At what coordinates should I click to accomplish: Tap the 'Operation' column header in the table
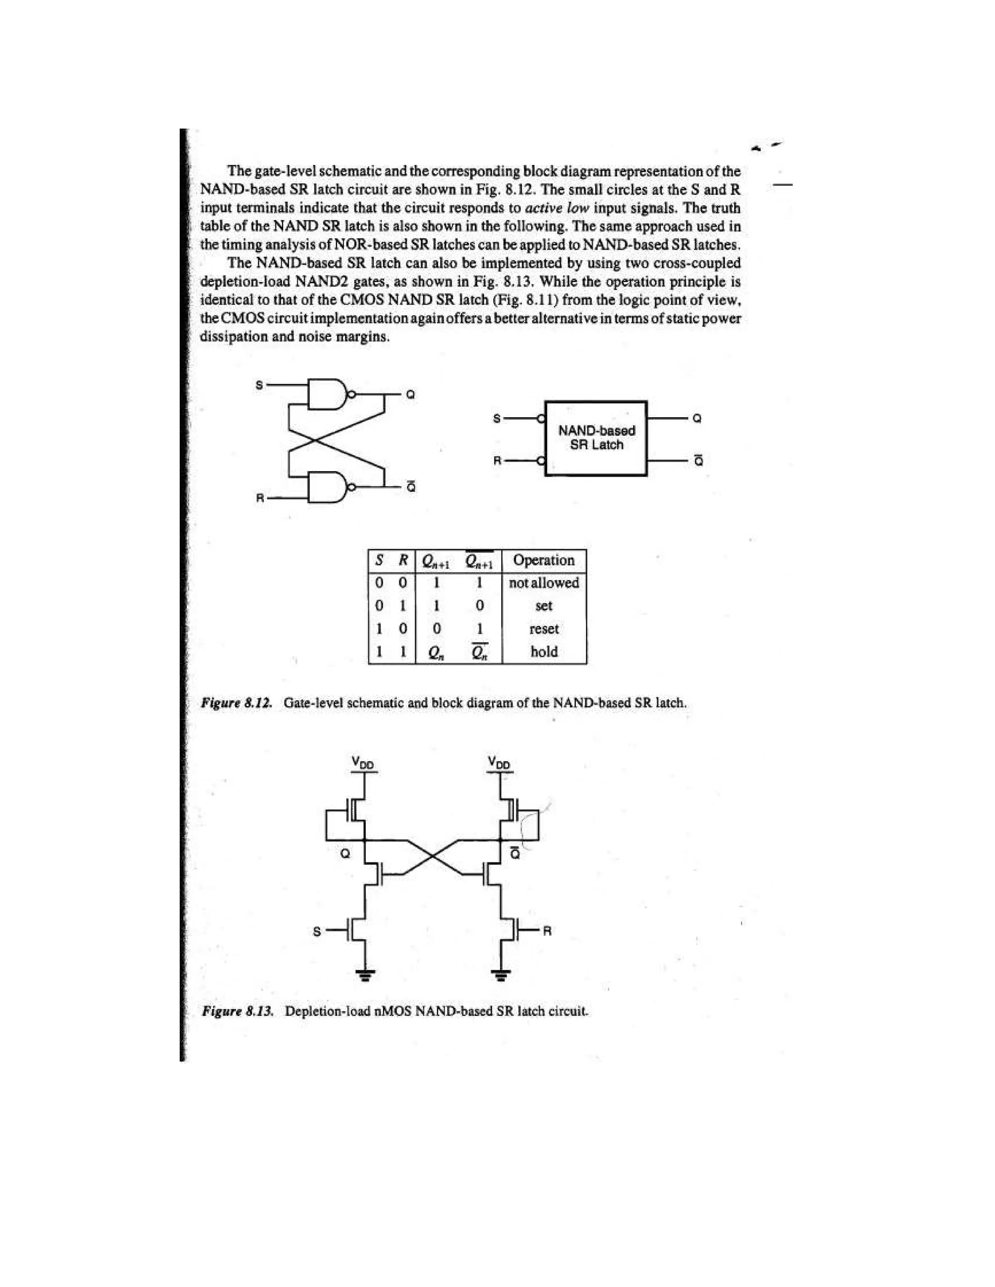pos(544,560)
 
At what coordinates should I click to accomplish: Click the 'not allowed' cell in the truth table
pos(544,583)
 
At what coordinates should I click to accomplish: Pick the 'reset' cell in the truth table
pos(544,629)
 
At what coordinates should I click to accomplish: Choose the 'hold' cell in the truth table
pos(544,652)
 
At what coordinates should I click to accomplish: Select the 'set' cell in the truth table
pos(544,606)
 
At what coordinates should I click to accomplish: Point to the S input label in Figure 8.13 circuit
pos(317,931)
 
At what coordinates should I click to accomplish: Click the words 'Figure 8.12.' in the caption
pos(237,703)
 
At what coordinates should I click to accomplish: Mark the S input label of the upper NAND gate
pos(258,385)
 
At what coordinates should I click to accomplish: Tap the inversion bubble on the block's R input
pos(541,460)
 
